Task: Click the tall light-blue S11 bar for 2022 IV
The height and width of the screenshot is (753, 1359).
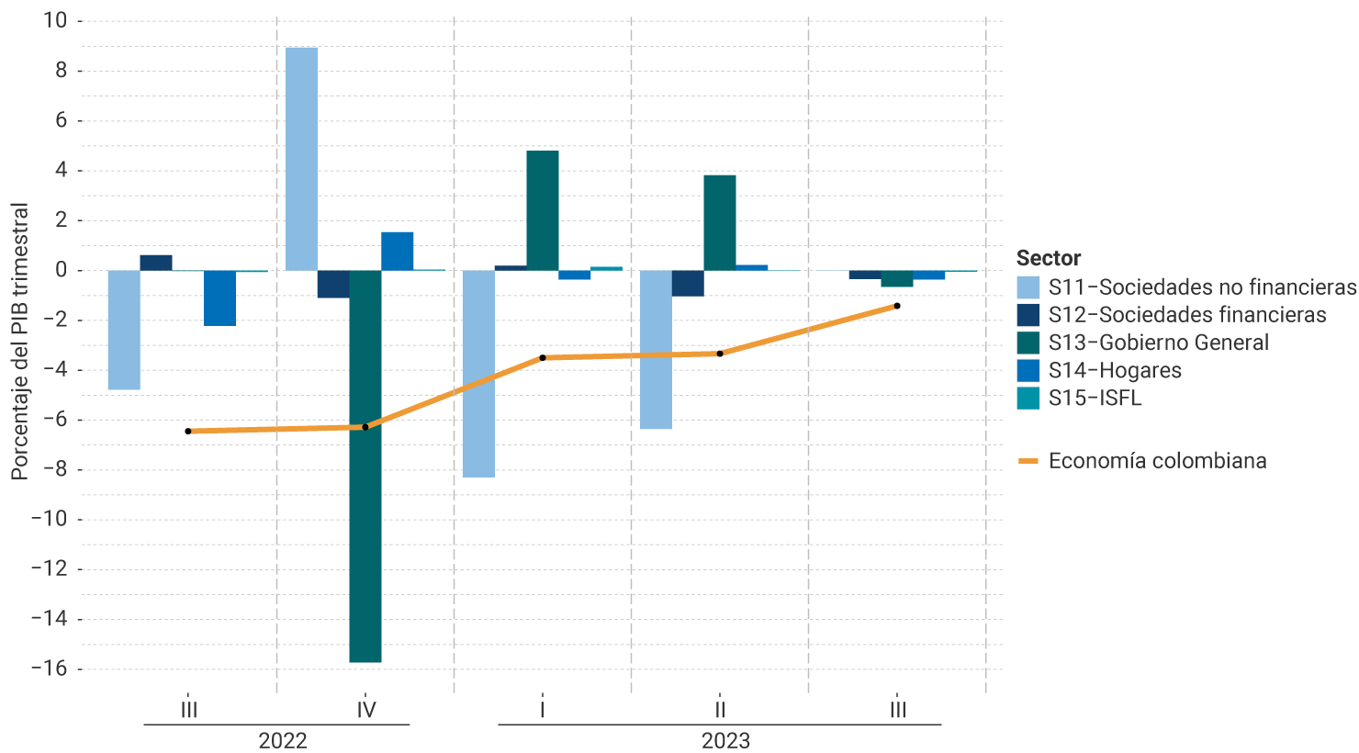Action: [x=301, y=159]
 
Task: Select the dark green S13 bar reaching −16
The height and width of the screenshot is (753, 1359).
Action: [x=365, y=466]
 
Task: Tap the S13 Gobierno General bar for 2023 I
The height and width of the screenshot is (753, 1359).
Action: [x=542, y=210]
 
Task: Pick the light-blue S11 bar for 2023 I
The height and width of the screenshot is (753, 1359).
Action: [x=478, y=374]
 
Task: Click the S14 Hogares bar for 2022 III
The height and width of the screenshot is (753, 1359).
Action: [x=219, y=298]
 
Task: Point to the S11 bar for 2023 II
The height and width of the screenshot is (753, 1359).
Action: [x=656, y=349]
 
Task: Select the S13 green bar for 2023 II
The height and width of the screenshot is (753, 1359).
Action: [x=719, y=222]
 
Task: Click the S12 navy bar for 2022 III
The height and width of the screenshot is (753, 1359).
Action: [x=156, y=263]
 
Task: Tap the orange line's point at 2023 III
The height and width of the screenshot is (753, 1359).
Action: [x=897, y=306]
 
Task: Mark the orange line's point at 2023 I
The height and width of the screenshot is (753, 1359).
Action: [x=543, y=357]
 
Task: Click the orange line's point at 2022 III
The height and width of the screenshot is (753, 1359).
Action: [x=188, y=431]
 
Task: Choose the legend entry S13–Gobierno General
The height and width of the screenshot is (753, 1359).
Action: [x=1158, y=343]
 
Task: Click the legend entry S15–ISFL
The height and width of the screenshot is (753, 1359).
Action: [x=1095, y=398]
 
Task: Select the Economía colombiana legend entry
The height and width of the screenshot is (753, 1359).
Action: [x=1157, y=461]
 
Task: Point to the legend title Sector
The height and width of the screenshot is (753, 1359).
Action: [x=1048, y=258]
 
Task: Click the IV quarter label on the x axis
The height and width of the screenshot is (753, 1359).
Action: [x=365, y=710]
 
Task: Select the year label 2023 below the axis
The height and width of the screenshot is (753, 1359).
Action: [x=725, y=740]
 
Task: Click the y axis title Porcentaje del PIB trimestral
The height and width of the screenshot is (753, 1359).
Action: [x=20, y=341]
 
